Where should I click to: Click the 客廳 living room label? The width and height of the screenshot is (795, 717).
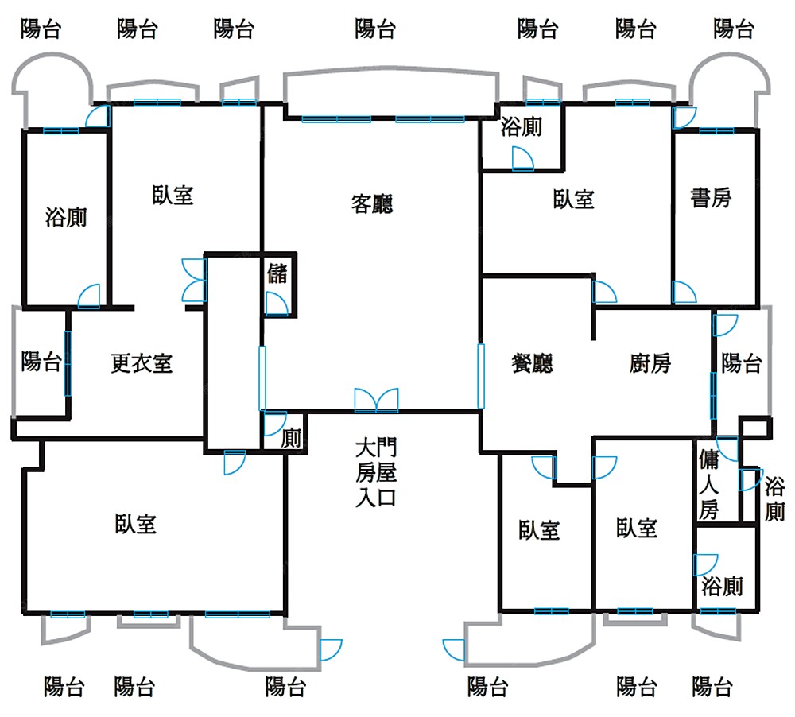[372, 204]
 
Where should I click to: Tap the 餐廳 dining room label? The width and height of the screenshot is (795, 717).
[531, 364]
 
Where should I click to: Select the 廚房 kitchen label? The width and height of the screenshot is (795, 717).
[650, 364]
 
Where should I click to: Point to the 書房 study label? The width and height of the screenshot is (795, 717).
[711, 198]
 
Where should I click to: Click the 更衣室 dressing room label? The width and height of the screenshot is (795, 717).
[142, 364]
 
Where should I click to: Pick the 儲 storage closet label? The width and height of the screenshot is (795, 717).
[277, 274]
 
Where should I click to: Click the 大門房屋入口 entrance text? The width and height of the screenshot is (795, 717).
[375, 473]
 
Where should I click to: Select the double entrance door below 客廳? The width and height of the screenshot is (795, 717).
[376, 400]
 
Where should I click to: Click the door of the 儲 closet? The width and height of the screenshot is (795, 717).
[276, 304]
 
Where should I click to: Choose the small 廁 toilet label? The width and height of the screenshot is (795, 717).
[292, 438]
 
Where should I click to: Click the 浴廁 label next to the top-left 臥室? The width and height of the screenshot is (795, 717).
[66, 217]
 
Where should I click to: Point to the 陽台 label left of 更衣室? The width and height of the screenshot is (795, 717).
[41, 362]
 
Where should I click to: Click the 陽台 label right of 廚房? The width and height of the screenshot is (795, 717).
[742, 363]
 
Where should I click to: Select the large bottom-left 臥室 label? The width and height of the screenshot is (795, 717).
[135, 524]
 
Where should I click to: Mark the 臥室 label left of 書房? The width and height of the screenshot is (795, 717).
[574, 199]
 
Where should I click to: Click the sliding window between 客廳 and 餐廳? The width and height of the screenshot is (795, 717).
[480, 375]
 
